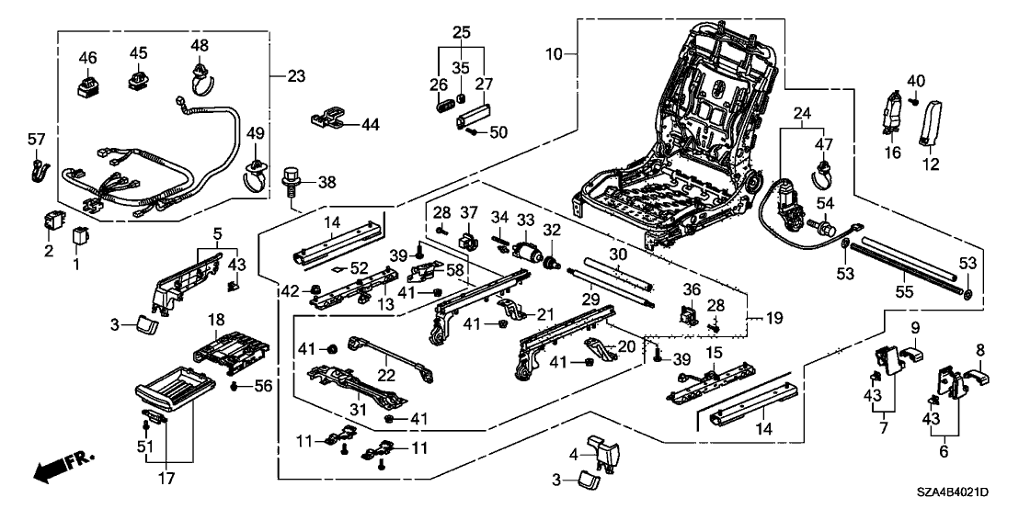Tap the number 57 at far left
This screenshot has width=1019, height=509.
(36, 140)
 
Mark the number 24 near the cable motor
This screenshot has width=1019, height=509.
(802, 114)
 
